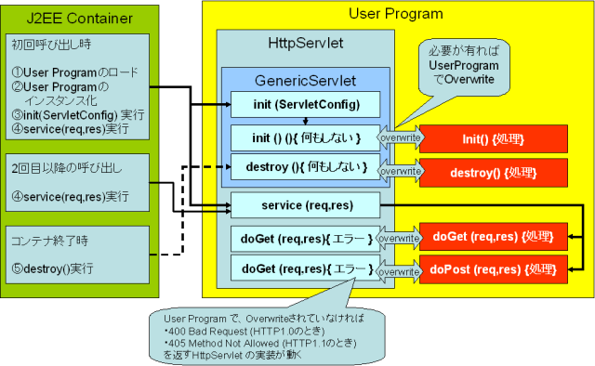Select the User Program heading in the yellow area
click(x=395, y=13)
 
